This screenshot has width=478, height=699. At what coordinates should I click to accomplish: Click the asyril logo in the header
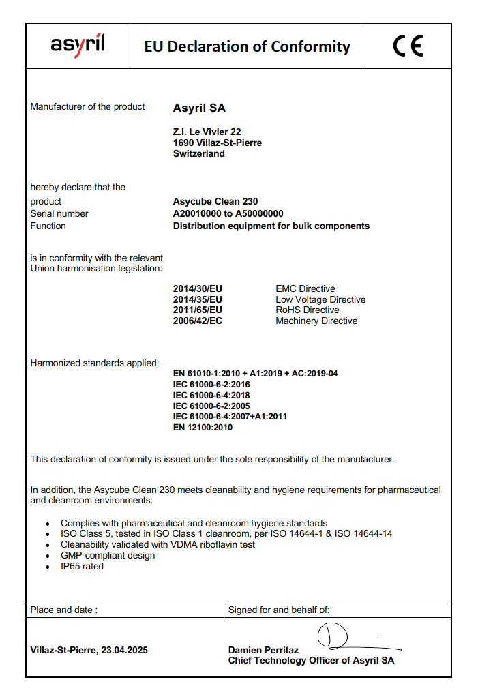tap(78, 45)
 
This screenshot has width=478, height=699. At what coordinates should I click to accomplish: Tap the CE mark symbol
tap(408, 46)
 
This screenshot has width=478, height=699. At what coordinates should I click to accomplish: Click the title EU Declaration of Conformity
tap(247, 46)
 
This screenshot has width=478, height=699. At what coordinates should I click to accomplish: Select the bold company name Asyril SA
tap(199, 108)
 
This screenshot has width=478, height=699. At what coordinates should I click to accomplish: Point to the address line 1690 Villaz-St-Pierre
tap(218, 143)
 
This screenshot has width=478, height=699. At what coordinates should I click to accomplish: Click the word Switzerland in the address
tap(199, 153)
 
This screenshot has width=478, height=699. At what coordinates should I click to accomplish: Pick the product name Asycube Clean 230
tap(215, 202)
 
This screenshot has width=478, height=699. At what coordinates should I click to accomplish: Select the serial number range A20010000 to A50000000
tap(228, 213)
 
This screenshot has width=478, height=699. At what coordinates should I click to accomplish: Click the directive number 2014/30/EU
tap(198, 288)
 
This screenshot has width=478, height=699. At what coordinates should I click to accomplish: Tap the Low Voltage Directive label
tap(320, 299)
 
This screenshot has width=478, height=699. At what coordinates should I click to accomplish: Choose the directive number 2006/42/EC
tap(198, 321)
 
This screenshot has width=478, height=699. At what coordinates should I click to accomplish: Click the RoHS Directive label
tap(308, 310)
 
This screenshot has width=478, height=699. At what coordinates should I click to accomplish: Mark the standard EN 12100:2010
tap(203, 428)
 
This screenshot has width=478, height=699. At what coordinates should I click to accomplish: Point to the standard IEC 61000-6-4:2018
tap(211, 395)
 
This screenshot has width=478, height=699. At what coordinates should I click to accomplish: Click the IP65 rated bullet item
tap(82, 566)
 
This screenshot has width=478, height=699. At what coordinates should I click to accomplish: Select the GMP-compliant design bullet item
tap(108, 555)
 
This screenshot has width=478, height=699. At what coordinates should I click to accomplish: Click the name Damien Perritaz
tap(263, 650)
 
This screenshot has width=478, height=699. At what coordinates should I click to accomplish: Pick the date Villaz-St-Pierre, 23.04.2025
tap(89, 650)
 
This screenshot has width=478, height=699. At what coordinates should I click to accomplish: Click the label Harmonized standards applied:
tap(95, 363)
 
